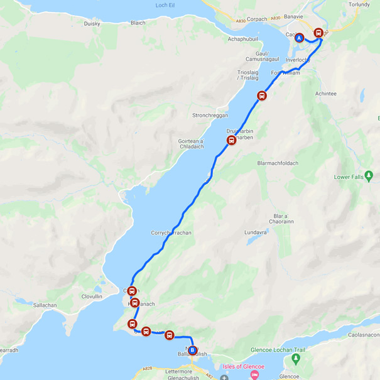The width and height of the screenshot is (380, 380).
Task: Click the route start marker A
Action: point(300,38)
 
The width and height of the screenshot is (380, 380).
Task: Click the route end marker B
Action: point(192,350)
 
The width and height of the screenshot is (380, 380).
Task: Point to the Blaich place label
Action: point(138,23)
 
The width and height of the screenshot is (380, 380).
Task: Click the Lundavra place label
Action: point(256,232)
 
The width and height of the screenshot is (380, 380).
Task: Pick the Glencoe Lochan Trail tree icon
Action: point(295,359)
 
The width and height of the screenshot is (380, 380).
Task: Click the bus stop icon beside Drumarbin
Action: point(231,141)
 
